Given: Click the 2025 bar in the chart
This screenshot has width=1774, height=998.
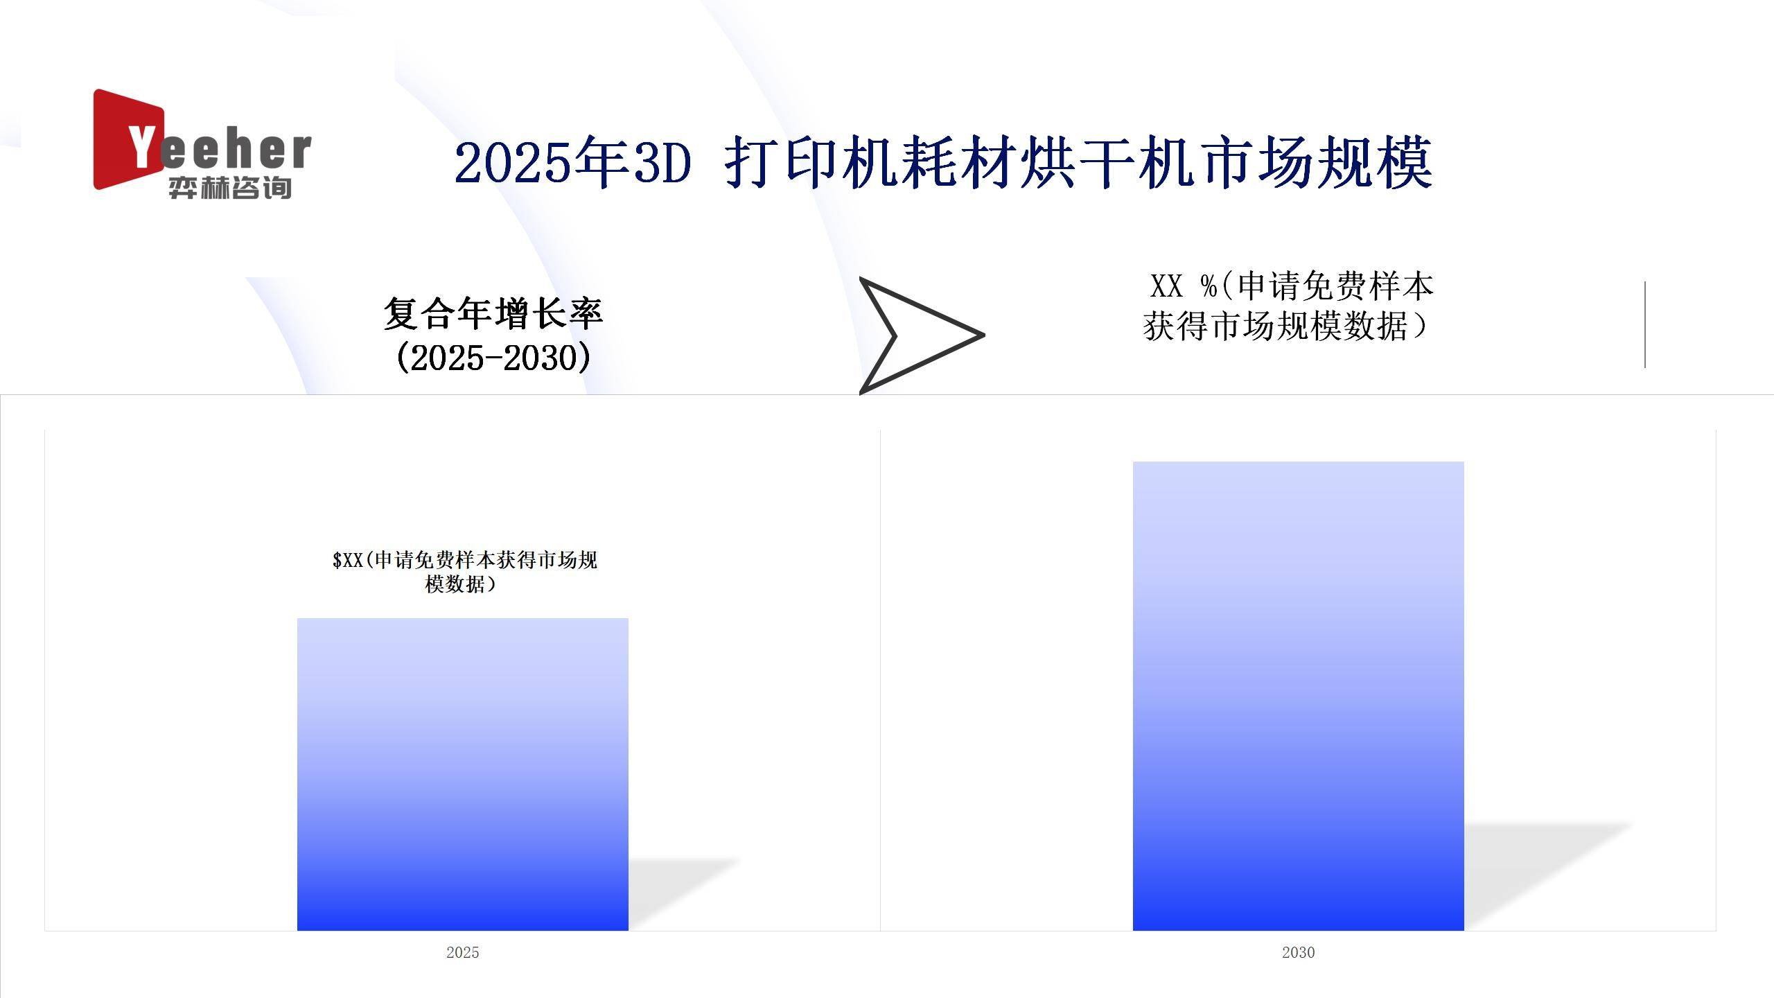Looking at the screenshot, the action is pyautogui.click(x=463, y=774).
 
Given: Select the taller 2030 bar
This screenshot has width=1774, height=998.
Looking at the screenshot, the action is pyautogui.click(x=1299, y=696).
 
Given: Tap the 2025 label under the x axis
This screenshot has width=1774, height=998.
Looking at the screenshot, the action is pyautogui.click(x=463, y=952).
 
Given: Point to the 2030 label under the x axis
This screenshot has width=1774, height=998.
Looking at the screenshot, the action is pyautogui.click(x=1299, y=952).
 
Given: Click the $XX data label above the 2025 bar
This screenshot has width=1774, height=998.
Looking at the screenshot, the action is pyautogui.click(x=464, y=572).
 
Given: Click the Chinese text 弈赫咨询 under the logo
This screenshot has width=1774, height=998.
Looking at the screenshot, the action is pyautogui.click(x=230, y=188).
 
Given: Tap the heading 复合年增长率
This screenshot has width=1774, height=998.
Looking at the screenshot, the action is pyautogui.click(x=493, y=313).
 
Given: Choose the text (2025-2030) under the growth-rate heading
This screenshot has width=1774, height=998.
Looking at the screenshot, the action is pyautogui.click(x=493, y=358).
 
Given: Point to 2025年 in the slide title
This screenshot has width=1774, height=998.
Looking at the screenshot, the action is pyautogui.click(x=541, y=164).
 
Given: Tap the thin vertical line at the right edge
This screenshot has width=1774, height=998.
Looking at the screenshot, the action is pyautogui.click(x=1645, y=324).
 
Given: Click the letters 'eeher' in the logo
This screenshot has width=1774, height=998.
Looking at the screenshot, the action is pyautogui.click(x=236, y=150).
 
